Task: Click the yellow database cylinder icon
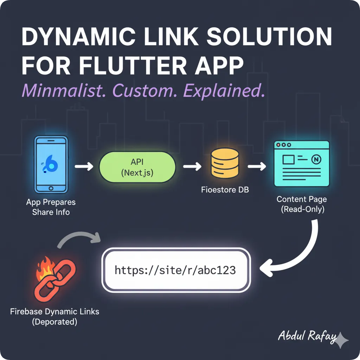point(225,162)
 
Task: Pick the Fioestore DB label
point(225,190)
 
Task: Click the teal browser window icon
point(302,163)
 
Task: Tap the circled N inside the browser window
point(317,160)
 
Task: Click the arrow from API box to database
point(192,166)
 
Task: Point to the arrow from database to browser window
point(257,166)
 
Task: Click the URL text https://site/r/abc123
point(175,270)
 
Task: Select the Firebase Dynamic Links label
point(54,311)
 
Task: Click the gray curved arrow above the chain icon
point(78,239)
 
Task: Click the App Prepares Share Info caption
point(51,207)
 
